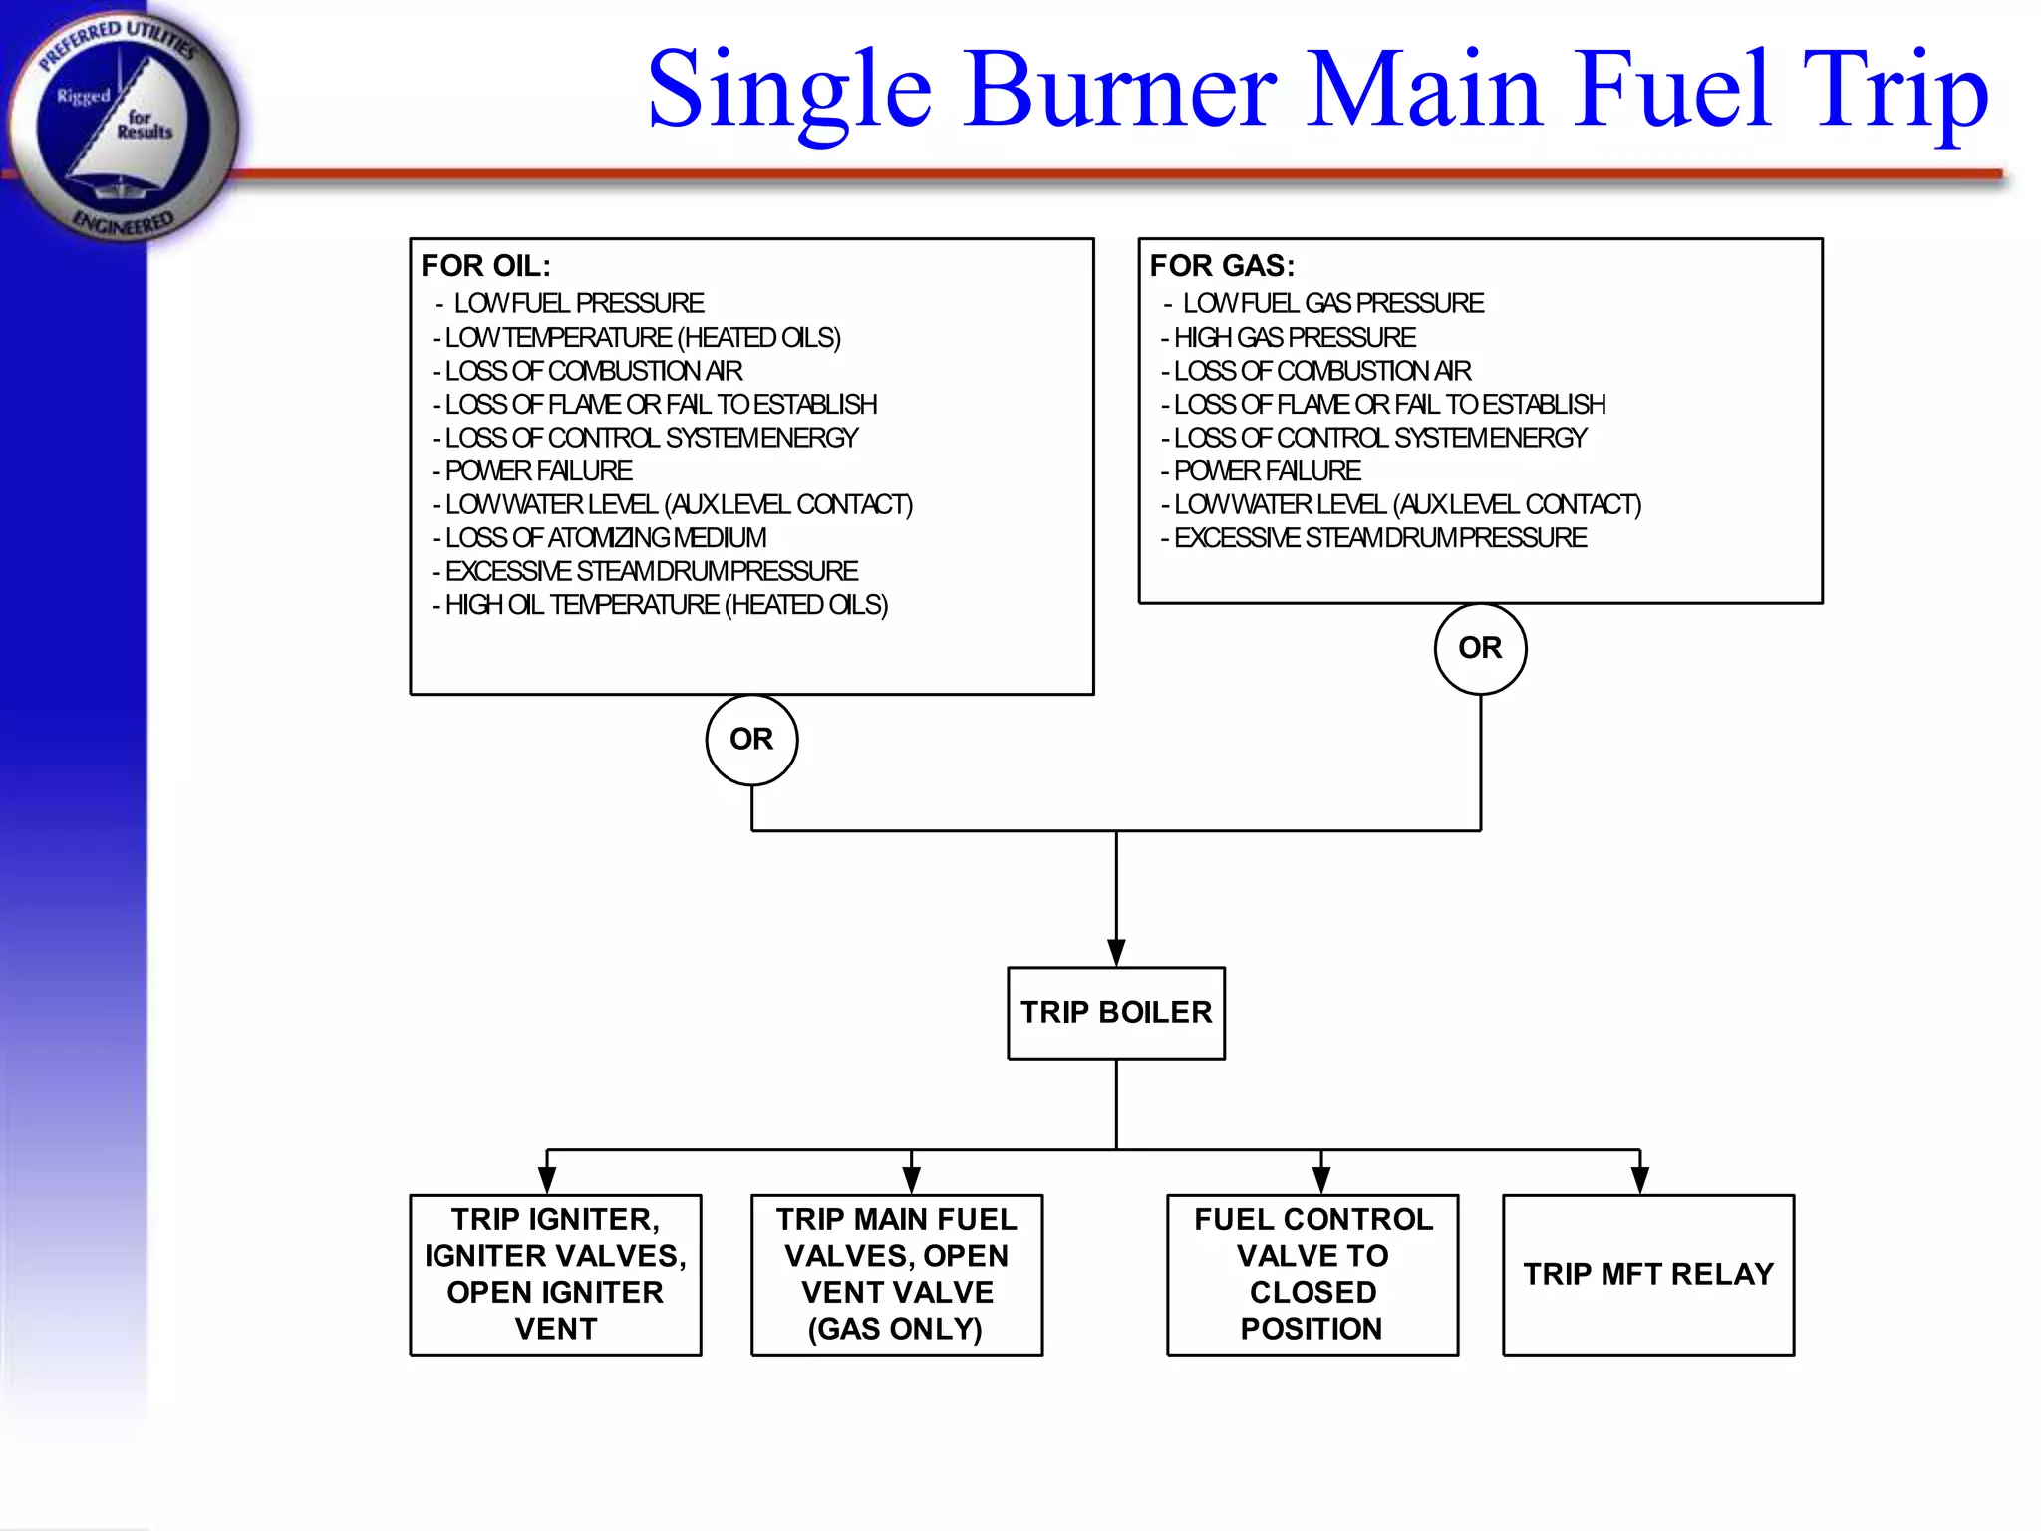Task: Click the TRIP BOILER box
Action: [1115, 1012]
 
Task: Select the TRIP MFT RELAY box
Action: [1647, 1274]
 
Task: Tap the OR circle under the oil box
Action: [751, 740]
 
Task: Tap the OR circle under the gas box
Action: [1480, 648]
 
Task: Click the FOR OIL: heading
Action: [485, 266]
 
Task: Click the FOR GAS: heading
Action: [1222, 266]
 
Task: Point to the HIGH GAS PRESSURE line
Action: [1294, 337]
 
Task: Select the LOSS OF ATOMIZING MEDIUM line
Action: [605, 538]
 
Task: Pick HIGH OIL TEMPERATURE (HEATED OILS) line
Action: [666, 605]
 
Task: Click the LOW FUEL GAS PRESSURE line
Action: [1331, 303]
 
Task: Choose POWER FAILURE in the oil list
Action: [538, 470]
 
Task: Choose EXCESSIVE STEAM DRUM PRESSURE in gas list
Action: [1379, 538]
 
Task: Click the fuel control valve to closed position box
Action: [1312, 1274]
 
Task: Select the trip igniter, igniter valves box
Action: [555, 1274]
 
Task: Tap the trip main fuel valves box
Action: [896, 1274]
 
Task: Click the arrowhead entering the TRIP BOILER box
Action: [1116, 952]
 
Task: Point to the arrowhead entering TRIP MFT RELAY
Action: [1639, 1180]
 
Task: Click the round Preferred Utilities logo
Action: [122, 125]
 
